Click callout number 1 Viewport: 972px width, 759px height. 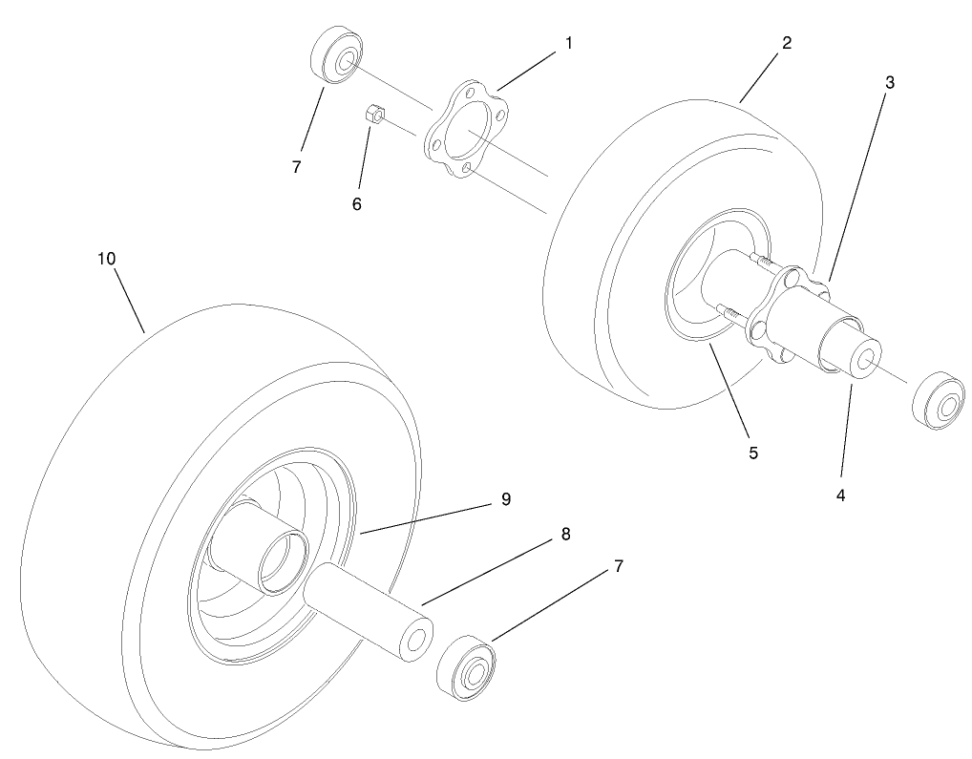[569, 43]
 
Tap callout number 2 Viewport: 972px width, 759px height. [786, 43]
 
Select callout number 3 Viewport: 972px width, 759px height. [889, 82]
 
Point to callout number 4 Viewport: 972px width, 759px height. [841, 495]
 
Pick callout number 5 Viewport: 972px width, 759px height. [753, 453]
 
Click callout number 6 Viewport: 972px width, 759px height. [356, 203]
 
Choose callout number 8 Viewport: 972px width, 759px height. [565, 535]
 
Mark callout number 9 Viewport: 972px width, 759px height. [505, 499]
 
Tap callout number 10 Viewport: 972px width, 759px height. [106, 259]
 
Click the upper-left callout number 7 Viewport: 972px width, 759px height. [297, 166]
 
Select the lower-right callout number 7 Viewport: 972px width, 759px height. [618, 566]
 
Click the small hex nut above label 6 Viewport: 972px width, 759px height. [375, 116]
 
